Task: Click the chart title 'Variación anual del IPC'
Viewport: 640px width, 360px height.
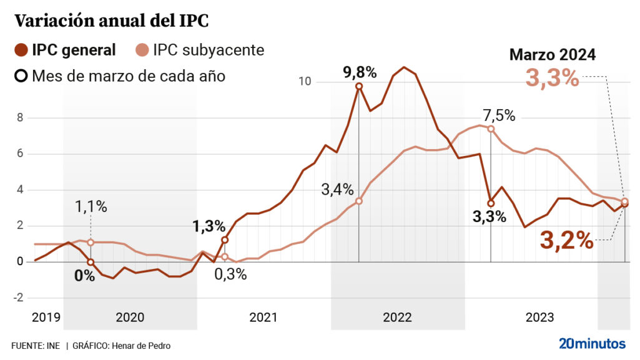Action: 111,21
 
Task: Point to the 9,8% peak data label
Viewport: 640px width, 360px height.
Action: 360,72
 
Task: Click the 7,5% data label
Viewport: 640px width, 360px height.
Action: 498,115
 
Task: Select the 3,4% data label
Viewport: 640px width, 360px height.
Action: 338,189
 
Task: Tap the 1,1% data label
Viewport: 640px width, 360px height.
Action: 91,207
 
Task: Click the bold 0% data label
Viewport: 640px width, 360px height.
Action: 84,275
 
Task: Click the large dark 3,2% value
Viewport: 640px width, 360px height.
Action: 566,240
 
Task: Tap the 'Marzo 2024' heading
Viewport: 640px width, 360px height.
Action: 553,55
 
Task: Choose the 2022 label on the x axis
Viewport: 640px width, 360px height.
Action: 397,318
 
